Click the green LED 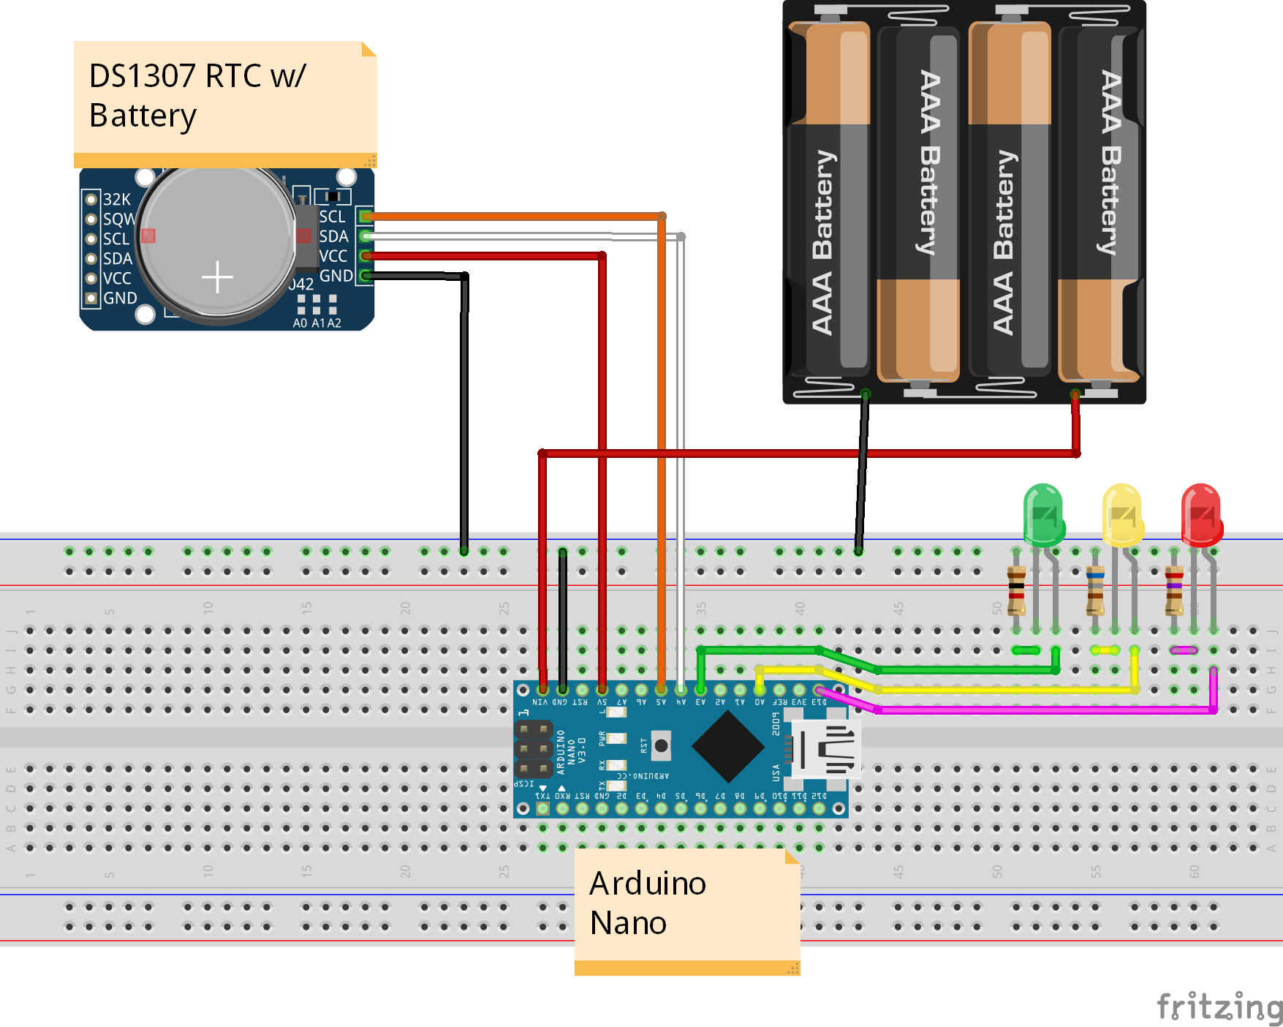(x=1043, y=515)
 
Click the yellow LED (x=1121, y=515)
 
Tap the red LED (x=1200, y=515)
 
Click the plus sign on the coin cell (x=217, y=277)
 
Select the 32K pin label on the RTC (x=116, y=199)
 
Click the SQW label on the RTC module (x=118, y=219)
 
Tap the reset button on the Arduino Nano (x=661, y=745)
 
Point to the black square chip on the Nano (x=728, y=746)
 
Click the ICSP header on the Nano (x=534, y=749)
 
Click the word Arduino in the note (x=648, y=884)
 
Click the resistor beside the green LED (x=1016, y=591)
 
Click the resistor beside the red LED (x=1174, y=591)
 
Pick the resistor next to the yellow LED (x=1095, y=591)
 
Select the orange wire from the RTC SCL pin (x=512, y=217)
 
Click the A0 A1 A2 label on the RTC (x=317, y=323)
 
